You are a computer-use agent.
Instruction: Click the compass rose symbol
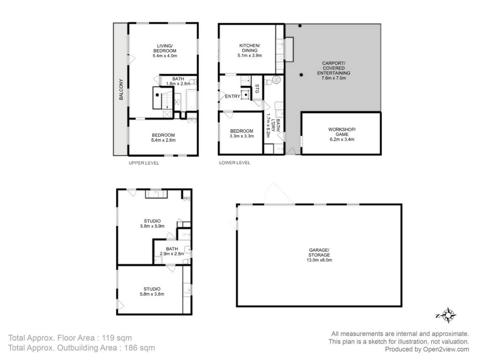[448, 315]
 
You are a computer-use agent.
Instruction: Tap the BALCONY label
[121, 90]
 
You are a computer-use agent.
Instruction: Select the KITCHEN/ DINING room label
[249, 48]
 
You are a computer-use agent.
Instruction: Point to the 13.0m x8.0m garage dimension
[319, 260]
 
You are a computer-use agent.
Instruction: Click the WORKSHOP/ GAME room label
[342, 132]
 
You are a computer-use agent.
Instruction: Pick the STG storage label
[257, 89]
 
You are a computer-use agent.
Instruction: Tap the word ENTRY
[232, 97]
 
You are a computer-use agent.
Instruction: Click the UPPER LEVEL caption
[144, 163]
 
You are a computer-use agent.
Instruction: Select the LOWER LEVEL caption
[234, 163]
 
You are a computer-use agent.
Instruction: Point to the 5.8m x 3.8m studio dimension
[152, 294]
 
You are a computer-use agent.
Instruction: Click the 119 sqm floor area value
[117, 338]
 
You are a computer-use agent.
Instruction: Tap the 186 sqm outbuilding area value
[139, 348]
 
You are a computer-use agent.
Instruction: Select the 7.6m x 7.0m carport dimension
[334, 78]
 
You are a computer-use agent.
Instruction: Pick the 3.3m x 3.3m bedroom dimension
[242, 136]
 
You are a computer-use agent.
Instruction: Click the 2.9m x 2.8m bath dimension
[172, 254]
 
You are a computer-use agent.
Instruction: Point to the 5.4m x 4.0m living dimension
[165, 56]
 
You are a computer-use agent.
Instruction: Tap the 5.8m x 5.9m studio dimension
[152, 226]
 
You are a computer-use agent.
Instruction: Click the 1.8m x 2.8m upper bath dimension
[178, 83]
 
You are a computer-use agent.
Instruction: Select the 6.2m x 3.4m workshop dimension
[342, 139]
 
